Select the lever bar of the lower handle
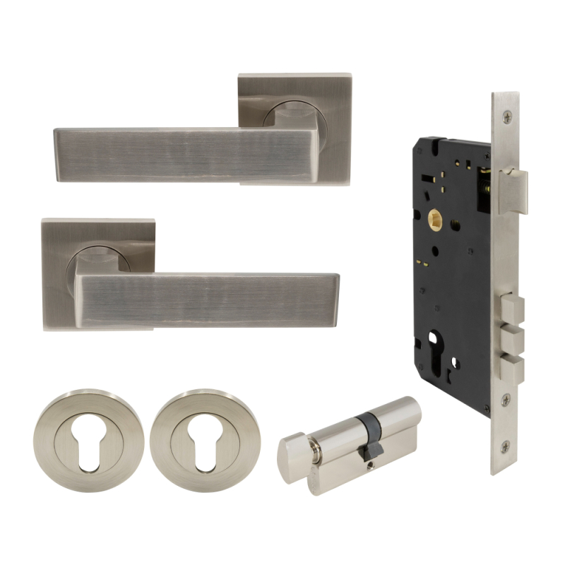click(x=212, y=299)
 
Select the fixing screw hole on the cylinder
click(x=369, y=464)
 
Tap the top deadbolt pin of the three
click(x=513, y=309)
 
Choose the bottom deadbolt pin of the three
click(x=513, y=368)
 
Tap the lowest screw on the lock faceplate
click(x=506, y=446)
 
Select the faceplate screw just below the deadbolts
click(x=506, y=400)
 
